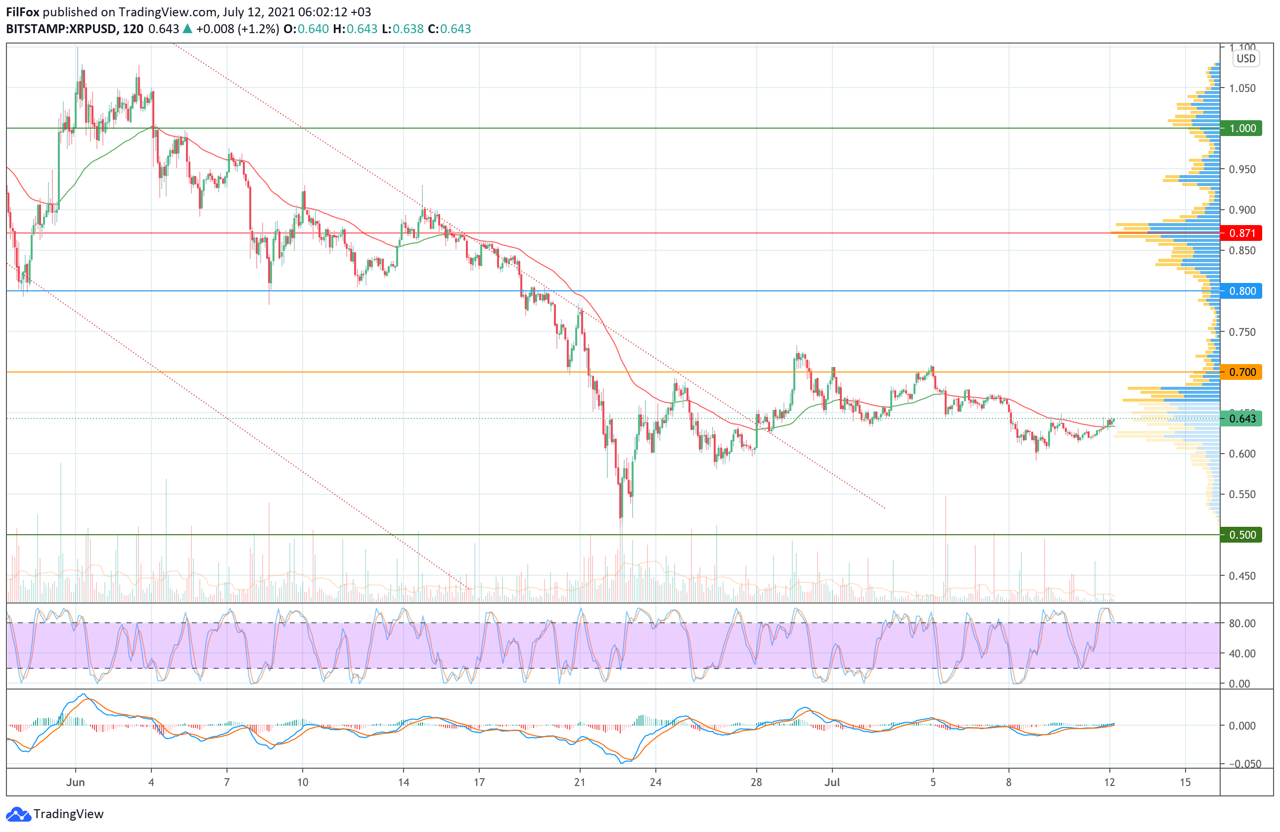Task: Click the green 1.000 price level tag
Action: [x=1241, y=128]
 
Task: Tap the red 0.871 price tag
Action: [x=1241, y=233]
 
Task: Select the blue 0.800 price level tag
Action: [x=1241, y=291]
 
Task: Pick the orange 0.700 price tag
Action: [x=1241, y=372]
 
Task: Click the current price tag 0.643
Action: [x=1241, y=418]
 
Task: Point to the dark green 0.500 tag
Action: [x=1241, y=535]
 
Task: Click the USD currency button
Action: [x=1246, y=59]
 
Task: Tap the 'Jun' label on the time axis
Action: [x=75, y=783]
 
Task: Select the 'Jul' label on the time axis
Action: [x=832, y=783]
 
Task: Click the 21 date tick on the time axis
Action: [x=580, y=783]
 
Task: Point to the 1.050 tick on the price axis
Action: [x=1242, y=88]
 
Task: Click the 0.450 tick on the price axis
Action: [x=1242, y=576]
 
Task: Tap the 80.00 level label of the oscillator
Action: [x=1242, y=623]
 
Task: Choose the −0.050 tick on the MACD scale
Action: [x=1241, y=764]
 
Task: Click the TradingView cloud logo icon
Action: [x=18, y=814]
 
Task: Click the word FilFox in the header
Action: [x=23, y=12]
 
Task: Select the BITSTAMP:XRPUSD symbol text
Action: [x=61, y=29]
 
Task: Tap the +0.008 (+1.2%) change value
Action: [x=237, y=29]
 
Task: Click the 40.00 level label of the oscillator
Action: [x=1242, y=653]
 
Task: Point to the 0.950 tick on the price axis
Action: [x=1242, y=169]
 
